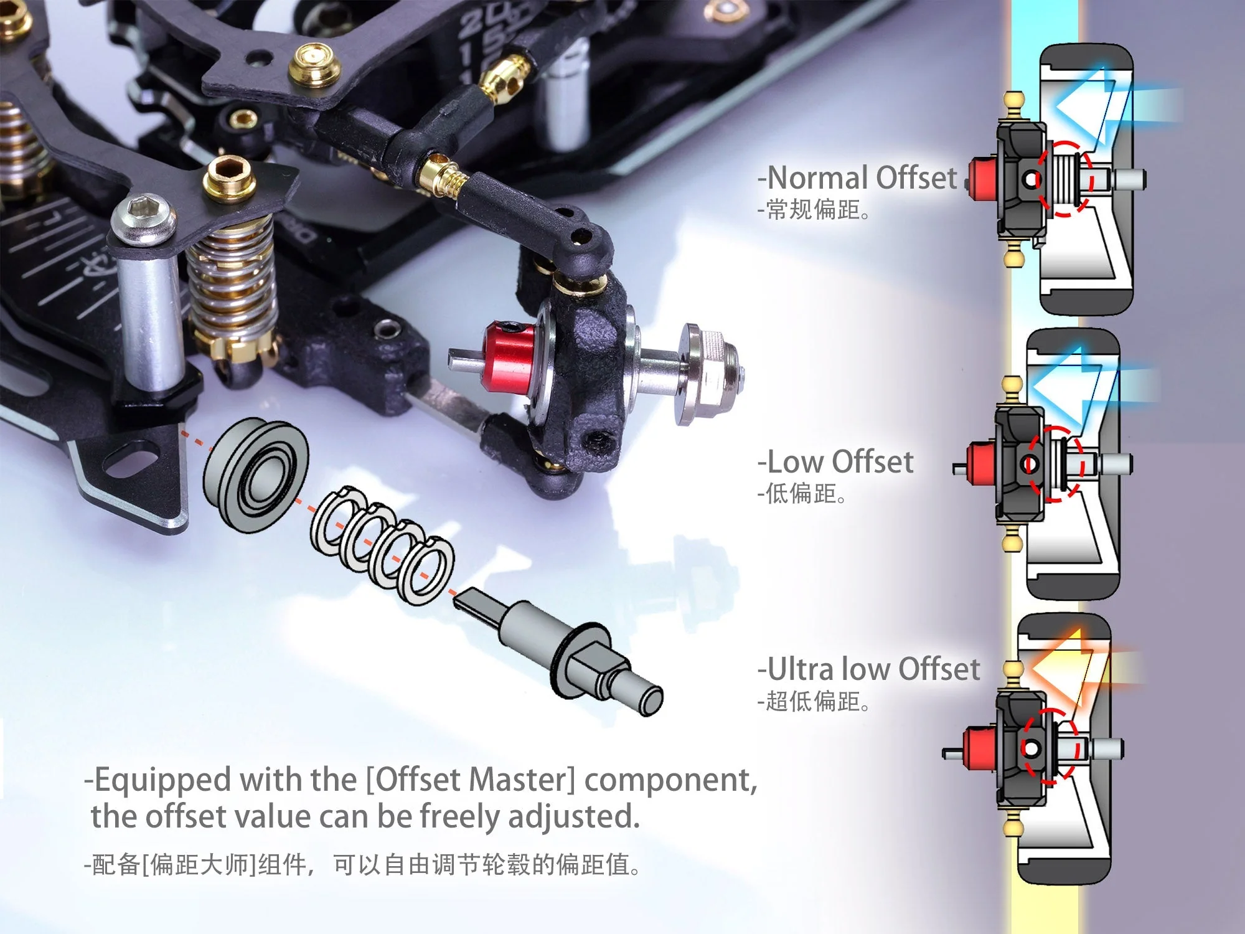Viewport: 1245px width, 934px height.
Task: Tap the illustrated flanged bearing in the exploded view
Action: tap(256, 475)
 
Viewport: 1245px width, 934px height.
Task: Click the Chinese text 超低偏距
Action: tap(812, 702)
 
